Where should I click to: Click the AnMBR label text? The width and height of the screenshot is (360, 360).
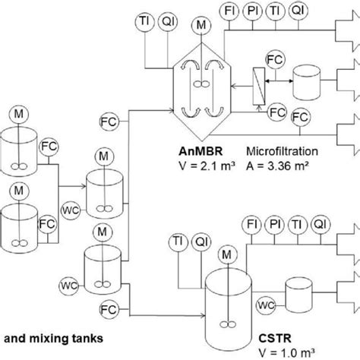(x=201, y=151)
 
